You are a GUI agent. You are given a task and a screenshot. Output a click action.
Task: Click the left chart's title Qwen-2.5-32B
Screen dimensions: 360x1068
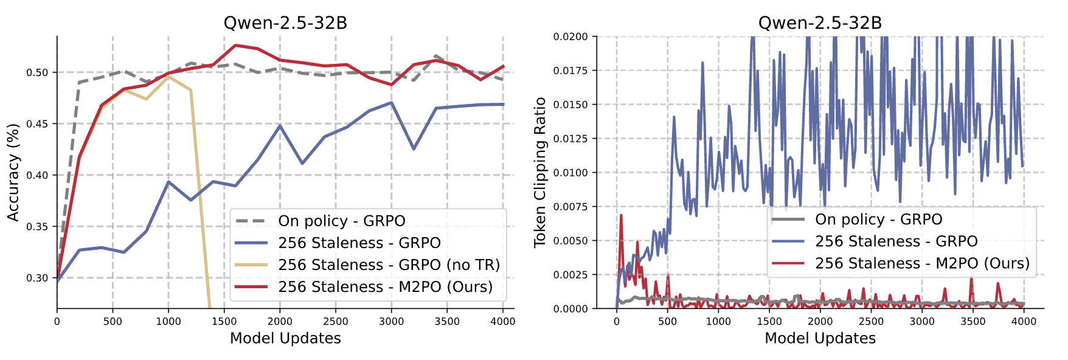click(x=285, y=23)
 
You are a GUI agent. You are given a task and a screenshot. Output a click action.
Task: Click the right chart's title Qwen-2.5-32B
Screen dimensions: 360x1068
click(x=819, y=23)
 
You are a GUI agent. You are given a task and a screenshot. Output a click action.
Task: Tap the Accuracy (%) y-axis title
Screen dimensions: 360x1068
click(x=13, y=173)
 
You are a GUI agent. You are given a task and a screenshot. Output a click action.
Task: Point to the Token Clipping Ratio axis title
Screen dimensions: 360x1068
click(x=539, y=173)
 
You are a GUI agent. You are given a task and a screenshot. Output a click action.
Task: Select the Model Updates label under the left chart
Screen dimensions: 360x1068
click(x=285, y=339)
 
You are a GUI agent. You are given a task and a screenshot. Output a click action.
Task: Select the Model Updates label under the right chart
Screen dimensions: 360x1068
click(x=820, y=339)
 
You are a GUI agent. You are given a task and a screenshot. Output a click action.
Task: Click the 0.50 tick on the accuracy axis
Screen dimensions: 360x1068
click(x=37, y=72)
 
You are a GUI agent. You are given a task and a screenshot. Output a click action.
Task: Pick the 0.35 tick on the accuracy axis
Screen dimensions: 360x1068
click(x=37, y=227)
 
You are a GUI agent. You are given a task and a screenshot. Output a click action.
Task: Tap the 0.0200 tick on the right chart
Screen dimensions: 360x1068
click(x=570, y=37)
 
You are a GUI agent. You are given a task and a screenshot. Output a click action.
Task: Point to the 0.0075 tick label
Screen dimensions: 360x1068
click(x=570, y=207)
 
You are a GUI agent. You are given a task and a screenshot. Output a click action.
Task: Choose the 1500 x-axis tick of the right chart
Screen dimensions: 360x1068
click(x=769, y=322)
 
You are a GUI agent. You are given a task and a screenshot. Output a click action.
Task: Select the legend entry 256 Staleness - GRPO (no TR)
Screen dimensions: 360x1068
click(x=389, y=265)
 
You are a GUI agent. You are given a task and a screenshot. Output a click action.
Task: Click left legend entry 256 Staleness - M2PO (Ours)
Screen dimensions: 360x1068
click(x=385, y=287)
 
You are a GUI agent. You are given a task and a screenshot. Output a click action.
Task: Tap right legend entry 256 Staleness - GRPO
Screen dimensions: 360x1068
click(x=896, y=241)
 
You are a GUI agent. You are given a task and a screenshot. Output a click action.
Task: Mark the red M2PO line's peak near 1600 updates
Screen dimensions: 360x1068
click(x=235, y=45)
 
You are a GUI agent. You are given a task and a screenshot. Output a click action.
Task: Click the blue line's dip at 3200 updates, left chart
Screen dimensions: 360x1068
click(x=414, y=149)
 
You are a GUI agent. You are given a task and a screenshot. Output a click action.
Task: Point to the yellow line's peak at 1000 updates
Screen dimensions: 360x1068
click(x=168, y=77)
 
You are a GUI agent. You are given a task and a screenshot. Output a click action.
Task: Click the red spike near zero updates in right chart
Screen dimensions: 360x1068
click(x=621, y=215)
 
